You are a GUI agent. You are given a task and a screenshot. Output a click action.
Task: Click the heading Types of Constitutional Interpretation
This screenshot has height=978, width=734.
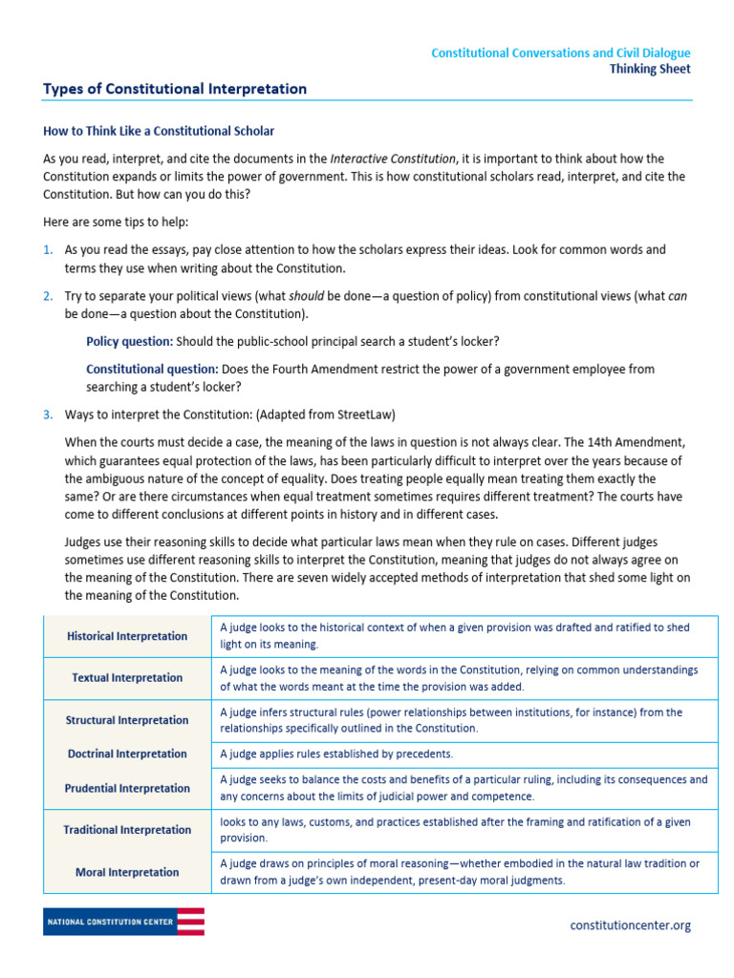click(175, 89)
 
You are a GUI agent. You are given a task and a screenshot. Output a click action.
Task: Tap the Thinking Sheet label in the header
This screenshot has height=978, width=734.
click(650, 69)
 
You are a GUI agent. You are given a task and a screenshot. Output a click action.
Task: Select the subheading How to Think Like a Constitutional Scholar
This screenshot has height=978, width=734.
click(159, 131)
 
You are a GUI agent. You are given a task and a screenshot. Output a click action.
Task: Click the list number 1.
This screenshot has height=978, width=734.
click(48, 250)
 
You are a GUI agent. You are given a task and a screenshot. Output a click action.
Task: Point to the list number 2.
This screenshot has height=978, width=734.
click(48, 296)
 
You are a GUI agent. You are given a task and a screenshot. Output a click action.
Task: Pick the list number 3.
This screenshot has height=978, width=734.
click(48, 415)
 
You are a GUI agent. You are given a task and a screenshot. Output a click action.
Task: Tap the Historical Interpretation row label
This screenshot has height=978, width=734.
click(127, 636)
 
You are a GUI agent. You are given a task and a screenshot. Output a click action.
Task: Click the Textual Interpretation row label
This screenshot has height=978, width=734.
click(127, 678)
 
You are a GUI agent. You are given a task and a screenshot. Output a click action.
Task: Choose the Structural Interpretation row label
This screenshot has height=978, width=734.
click(127, 720)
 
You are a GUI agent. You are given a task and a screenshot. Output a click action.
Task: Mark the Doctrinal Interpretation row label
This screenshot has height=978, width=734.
click(127, 755)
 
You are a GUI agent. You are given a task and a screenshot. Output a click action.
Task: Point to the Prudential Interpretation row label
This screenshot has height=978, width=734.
click(127, 789)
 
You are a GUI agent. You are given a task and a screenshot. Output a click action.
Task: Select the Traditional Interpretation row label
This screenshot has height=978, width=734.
click(127, 831)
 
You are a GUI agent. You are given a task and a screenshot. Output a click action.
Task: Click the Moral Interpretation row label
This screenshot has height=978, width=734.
click(127, 873)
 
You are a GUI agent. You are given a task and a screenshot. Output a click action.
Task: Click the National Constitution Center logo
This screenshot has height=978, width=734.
click(123, 922)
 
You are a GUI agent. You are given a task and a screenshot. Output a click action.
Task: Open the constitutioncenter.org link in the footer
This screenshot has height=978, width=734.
click(630, 925)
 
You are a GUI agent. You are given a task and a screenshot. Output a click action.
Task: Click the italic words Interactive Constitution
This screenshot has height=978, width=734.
click(393, 159)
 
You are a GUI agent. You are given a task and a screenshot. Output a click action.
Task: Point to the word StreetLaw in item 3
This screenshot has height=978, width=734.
click(366, 415)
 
